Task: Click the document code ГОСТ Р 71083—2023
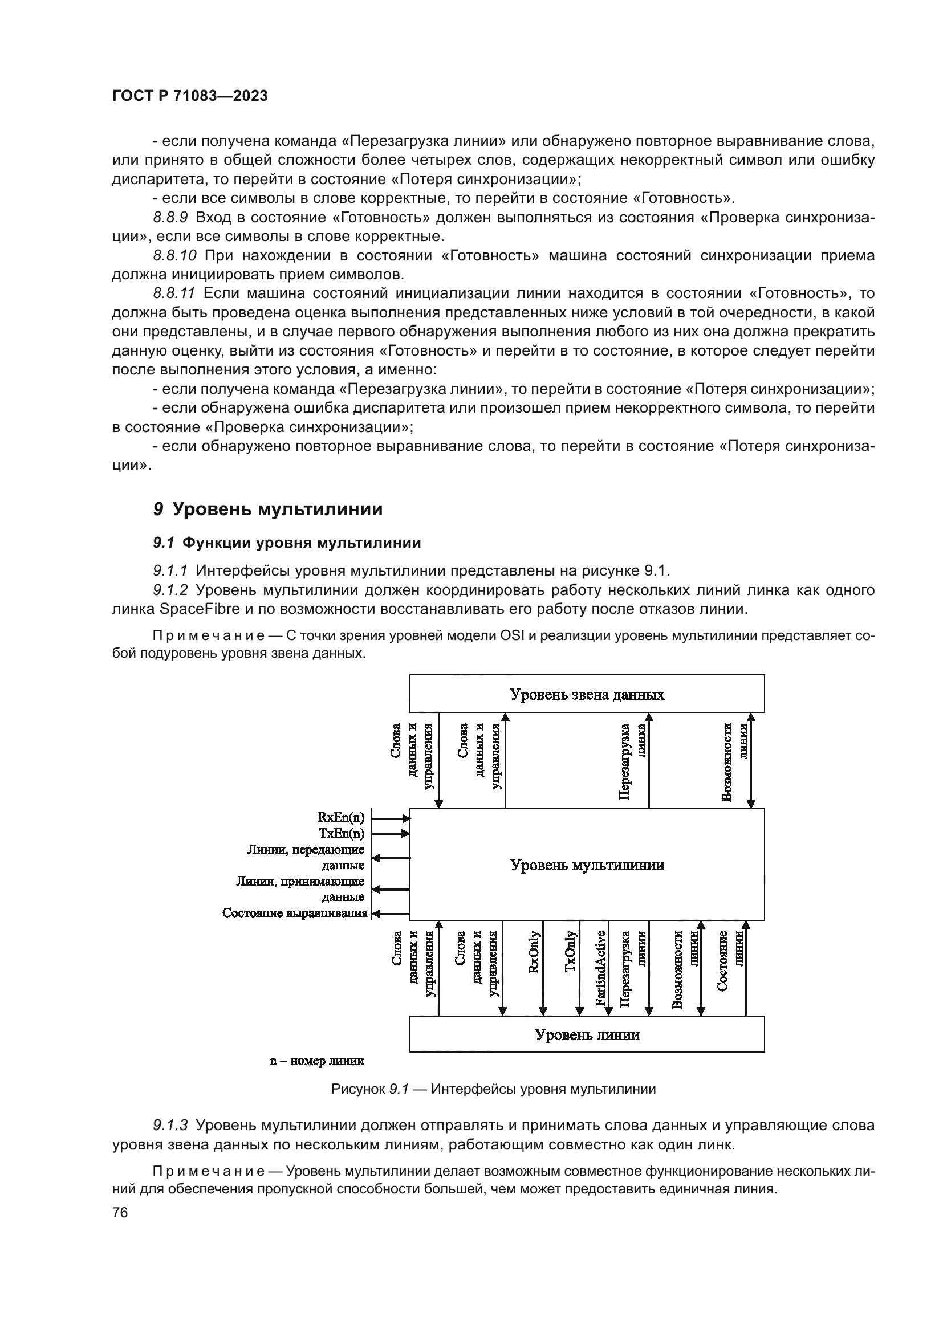coord(190,96)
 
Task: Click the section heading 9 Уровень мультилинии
coord(268,509)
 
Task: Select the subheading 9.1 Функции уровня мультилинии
coord(287,543)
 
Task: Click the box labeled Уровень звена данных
coord(587,694)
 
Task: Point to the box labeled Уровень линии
coord(587,1034)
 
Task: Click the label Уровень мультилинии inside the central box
coord(587,865)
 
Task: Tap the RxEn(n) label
coord(341,817)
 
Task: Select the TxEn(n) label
coord(342,833)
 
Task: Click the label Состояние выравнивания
coord(294,913)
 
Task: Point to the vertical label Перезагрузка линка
coord(632,761)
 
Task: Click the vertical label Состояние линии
coord(730,961)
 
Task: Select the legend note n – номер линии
coord(316,1061)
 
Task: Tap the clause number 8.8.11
coord(174,293)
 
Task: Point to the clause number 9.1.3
coord(170,1125)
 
